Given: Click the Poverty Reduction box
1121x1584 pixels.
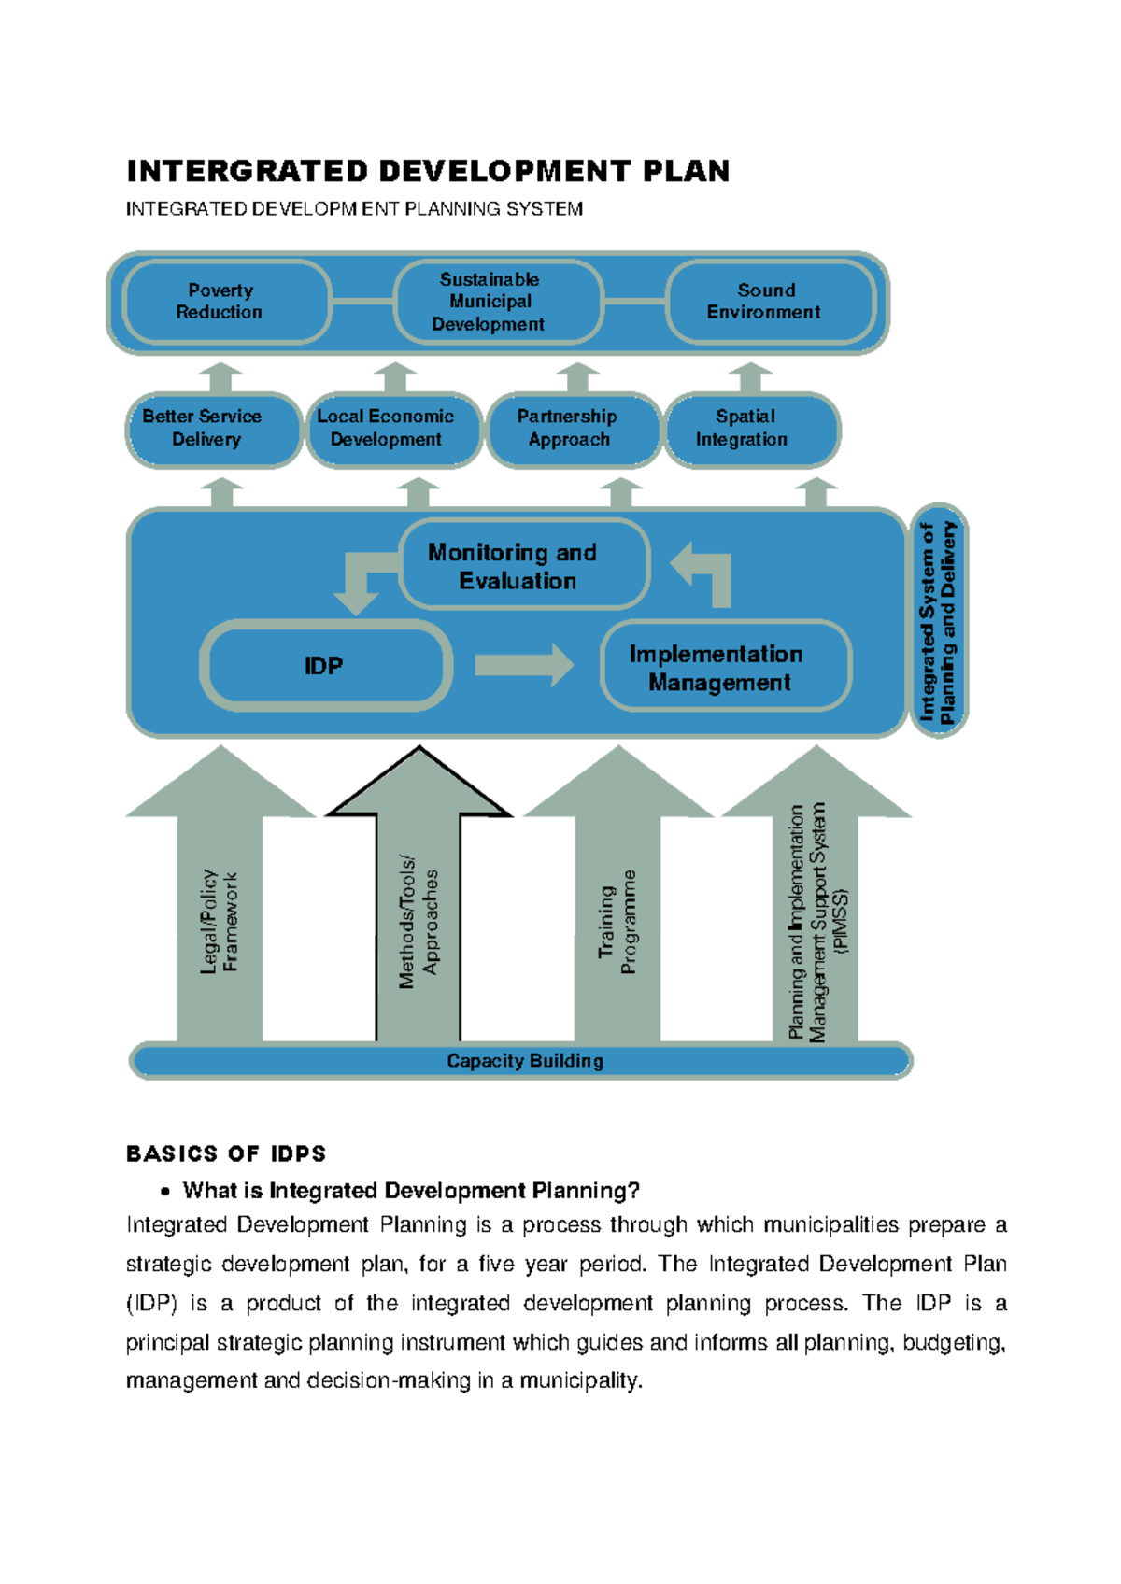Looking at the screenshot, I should point(225,302).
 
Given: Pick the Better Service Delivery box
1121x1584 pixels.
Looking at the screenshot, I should point(212,429).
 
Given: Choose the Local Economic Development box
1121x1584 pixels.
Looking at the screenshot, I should point(391,429).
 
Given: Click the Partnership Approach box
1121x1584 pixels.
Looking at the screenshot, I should point(573,429).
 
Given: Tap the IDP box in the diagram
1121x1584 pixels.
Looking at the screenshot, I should point(324,666).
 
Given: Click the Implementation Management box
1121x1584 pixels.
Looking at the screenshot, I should point(723,667).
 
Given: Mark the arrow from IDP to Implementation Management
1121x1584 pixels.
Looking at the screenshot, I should point(523,665).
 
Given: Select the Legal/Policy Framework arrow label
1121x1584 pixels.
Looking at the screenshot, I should point(220,922).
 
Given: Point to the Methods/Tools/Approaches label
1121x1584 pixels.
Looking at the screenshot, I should point(418,922).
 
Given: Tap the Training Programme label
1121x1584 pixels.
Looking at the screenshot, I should point(617,922).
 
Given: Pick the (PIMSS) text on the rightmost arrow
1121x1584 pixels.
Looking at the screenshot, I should point(844,922).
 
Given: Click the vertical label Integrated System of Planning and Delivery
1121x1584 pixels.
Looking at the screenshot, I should point(938,622).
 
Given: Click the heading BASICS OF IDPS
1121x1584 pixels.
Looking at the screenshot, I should point(226,1154).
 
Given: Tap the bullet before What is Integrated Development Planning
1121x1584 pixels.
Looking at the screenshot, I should point(165,1192).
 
